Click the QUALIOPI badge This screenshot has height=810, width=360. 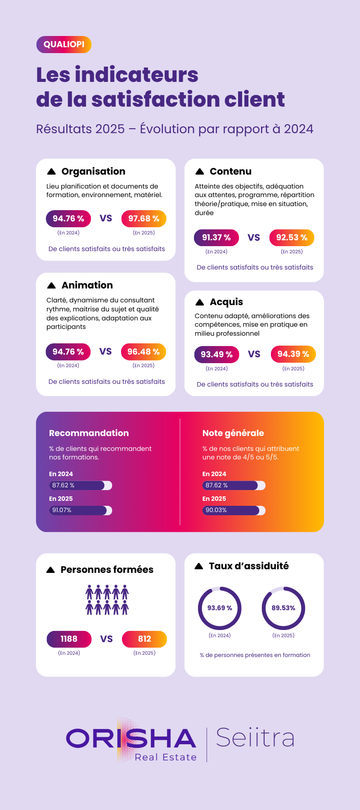(x=64, y=45)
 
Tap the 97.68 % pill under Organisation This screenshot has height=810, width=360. (x=144, y=219)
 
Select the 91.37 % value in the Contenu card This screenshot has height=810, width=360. (x=216, y=238)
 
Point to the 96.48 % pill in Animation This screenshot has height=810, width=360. (x=144, y=352)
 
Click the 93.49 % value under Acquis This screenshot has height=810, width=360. (x=216, y=355)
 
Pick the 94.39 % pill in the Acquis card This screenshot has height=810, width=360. (x=293, y=354)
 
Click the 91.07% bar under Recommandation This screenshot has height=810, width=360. (x=80, y=510)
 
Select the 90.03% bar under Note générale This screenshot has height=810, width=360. (x=234, y=510)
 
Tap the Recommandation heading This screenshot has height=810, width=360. (x=89, y=433)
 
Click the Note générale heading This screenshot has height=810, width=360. (x=233, y=433)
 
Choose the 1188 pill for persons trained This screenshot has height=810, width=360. (x=69, y=639)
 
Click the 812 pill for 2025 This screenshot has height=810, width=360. (x=144, y=639)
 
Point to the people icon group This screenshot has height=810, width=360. (x=107, y=600)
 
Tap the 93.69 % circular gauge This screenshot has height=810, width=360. (x=220, y=608)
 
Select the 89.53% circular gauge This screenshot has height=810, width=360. (x=283, y=608)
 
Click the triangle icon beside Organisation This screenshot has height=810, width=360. (x=51, y=171)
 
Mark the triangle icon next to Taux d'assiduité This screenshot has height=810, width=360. (x=199, y=566)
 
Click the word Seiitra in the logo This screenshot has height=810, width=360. (x=255, y=738)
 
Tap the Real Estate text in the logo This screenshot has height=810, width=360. (x=166, y=757)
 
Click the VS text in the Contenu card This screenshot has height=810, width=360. (x=254, y=238)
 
